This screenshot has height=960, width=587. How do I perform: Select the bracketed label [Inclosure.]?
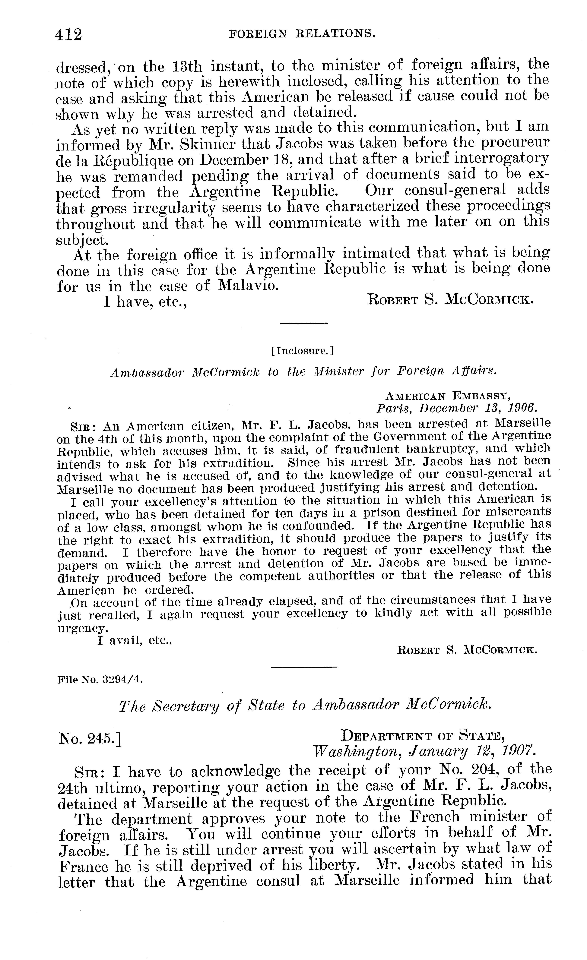(x=302, y=351)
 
